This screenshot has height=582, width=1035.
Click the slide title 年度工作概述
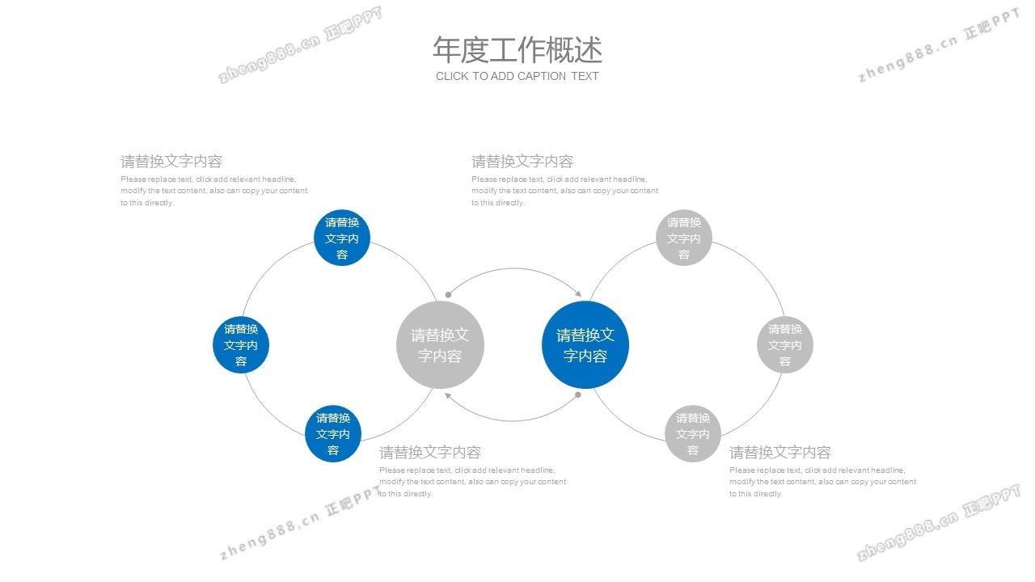pyautogui.click(x=517, y=50)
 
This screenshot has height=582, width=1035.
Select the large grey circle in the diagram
pyautogui.click(x=440, y=345)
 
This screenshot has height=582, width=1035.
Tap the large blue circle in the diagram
pyautogui.click(x=585, y=345)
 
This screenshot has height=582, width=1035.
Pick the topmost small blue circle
pyautogui.click(x=342, y=238)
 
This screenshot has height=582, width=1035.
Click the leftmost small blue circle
pyautogui.click(x=241, y=345)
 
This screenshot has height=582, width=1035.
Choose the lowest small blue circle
pyautogui.click(x=333, y=434)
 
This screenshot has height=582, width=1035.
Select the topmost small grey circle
pyautogui.click(x=684, y=238)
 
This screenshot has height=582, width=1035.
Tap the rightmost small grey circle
pyautogui.click(x=785, y=345)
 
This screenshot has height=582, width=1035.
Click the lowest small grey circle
pyautogui.click(x=693, y=434)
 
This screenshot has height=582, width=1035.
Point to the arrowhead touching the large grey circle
pyautogui.click(x=448, y=395)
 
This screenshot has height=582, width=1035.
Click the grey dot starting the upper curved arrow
pyautogui.click(x=448, y=294)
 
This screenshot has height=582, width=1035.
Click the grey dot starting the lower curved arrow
pyautogui.click(x=577, y=395)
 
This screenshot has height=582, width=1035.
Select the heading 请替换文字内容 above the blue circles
pyautogui.click(x=171, y=162)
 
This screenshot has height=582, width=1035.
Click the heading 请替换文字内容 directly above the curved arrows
pyautogui.click(x=522, y=162)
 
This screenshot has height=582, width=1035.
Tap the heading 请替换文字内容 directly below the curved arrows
pyautogui.click(x=430, y=453)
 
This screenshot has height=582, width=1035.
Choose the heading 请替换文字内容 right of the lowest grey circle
pyautogui.click(x=780, y=453)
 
